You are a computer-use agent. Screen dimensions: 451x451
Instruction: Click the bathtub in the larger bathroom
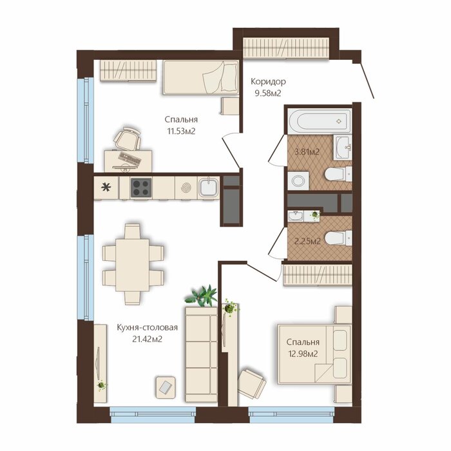point(320,121)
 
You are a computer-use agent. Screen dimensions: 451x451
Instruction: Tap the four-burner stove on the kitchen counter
point(141,188)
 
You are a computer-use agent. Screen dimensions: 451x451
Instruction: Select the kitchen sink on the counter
point(209,187)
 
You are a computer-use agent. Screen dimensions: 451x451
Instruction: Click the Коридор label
point(269,81)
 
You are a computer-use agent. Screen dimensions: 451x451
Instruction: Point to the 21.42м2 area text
point(147,340)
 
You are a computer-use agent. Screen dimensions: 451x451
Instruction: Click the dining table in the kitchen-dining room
point(133,265)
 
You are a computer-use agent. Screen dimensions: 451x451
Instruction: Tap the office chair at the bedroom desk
point(128,139)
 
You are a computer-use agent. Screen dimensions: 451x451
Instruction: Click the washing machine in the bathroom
point(298,180)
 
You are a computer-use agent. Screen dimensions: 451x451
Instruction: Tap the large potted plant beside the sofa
point(202,296)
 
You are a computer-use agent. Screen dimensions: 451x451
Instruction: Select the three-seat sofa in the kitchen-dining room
point(201,354)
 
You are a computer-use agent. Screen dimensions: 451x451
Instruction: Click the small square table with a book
point(166,387)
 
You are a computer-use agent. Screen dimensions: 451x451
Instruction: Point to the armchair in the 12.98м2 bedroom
point(251,383)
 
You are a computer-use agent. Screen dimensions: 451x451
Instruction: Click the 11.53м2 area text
point(182,131)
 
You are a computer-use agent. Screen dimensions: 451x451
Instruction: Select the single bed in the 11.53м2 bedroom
point(201,77)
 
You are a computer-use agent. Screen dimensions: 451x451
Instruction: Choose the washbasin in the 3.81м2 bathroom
point(343,148)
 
